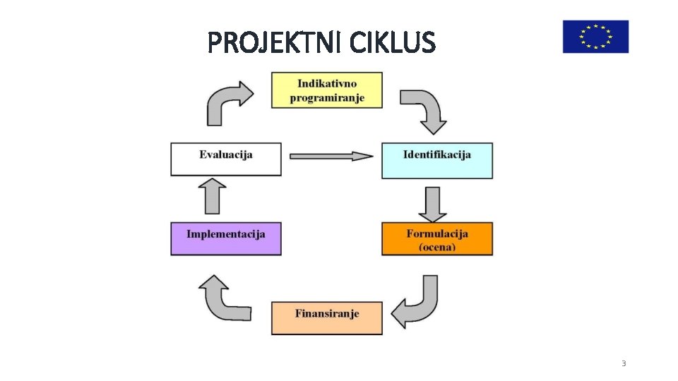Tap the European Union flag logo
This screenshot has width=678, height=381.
tap(595, 37)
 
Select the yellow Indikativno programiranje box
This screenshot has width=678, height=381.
tap(327, 90)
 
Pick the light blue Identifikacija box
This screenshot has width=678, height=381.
tap(437, 161)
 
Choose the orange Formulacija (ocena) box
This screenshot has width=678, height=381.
tap(437, 239)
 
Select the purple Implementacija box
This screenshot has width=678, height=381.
tap(226, 239)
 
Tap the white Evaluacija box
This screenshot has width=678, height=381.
tap(226, 159)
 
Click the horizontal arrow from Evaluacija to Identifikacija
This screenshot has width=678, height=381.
tap(331, 156)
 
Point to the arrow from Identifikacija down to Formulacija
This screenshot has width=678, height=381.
tap(432, 203)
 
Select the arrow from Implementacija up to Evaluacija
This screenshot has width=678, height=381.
tap(213, 195)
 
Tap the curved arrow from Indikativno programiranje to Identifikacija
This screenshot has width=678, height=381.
tap(427, 109)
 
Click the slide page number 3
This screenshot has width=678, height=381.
tap(624, 363)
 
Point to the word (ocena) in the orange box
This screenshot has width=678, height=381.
tap(437, 247)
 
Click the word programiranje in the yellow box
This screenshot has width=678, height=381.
tap(327, 98)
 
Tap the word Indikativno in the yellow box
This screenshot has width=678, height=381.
tap(327, 83)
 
